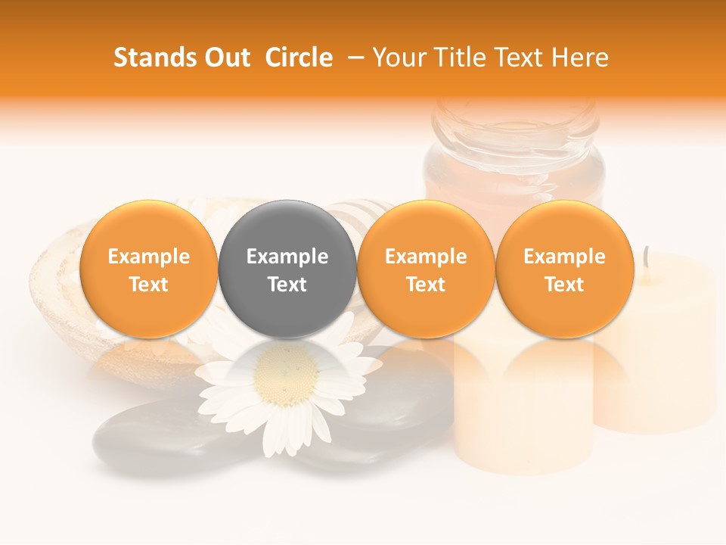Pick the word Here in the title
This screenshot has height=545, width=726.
581,58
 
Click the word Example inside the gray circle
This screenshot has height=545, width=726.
287,257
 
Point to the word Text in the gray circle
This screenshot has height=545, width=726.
287,285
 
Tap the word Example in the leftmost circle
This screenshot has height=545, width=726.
148,257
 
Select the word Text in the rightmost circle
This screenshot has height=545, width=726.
565,285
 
